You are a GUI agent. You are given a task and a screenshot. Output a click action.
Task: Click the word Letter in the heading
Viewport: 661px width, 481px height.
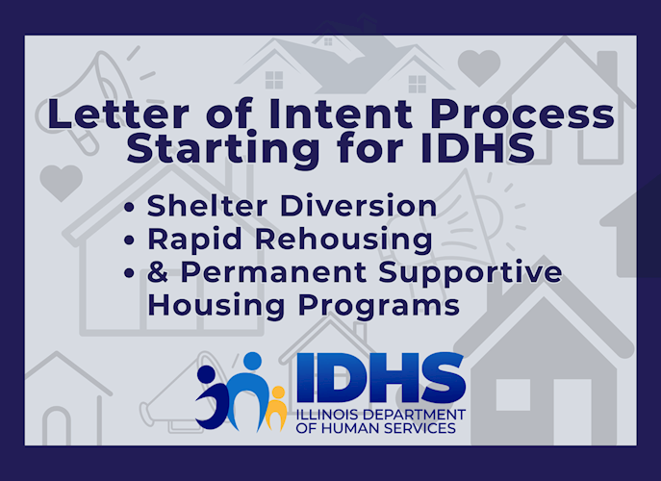tap(118, 114)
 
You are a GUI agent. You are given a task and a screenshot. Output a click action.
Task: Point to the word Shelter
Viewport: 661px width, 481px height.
tap(207, 206)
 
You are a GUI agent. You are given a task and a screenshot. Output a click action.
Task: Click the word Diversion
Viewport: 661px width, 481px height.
tap(358, 206)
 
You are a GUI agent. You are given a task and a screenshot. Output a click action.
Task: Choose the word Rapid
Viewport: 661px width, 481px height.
tap(194, 240)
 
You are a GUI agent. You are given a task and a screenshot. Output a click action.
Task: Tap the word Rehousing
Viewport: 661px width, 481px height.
tap(343, 240)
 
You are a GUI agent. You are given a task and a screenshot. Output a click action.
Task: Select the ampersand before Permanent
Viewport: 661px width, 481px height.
tap(158, 271)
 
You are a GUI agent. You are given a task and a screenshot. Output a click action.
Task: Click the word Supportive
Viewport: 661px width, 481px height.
tap(470, 273)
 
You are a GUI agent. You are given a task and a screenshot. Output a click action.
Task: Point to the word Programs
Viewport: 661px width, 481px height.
tap(378, 305)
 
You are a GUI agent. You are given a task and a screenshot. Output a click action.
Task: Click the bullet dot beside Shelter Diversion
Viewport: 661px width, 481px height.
tap(130, 207)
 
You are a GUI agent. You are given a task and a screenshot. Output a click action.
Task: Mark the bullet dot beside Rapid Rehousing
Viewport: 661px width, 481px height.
tap(130, 240)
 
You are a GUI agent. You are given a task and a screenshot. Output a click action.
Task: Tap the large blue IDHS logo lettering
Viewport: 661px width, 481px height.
tap(381, 378)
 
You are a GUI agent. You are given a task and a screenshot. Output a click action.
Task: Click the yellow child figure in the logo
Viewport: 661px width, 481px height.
tap(276, 407)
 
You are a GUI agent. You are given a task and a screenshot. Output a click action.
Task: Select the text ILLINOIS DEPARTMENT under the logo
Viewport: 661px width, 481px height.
tap(381, 415)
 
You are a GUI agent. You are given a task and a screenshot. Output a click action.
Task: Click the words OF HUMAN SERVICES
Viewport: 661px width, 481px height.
tap(375, 428)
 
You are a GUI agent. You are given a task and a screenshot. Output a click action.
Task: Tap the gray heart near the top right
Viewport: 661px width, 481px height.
tap(479, 67)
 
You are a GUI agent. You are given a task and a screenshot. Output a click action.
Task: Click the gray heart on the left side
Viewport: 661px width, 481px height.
tap(62, 182)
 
